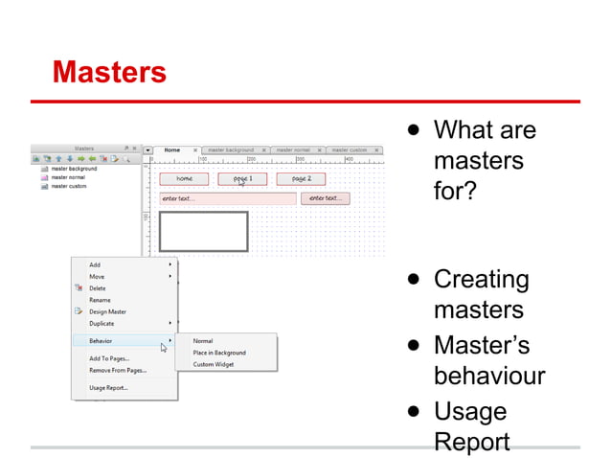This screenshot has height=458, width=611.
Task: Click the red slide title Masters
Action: tap(109, 73)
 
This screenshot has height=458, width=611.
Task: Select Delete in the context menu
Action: tap(98, 288)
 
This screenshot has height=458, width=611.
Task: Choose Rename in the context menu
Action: tap(100, 300)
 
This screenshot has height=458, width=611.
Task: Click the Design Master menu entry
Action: tap(107, 311)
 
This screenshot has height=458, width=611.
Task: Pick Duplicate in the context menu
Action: tap(102, 324)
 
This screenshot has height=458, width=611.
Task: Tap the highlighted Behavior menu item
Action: tap(102, 341)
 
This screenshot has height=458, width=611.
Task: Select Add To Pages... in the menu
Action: tap(109, 358)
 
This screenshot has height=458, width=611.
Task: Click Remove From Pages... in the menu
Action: tap(116, 370)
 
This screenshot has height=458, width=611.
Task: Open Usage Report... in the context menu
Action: tap(108, 388)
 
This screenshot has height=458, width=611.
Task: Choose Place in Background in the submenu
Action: tap(219, 353)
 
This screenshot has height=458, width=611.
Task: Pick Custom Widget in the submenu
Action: tap(214, 364)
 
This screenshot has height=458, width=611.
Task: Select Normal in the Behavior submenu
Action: tap(203, 341)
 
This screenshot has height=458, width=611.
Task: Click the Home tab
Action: tap(172, 149)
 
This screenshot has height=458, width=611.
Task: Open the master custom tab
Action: tap(350, 150)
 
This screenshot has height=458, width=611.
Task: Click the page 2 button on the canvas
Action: tap(302, 179)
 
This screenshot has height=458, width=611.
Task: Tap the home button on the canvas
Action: tap(185, 179)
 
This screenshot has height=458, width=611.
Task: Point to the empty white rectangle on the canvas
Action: tap(203, 231)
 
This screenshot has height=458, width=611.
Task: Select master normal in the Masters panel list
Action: tap(68, 177)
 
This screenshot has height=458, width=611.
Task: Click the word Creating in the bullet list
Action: tap(482, 280)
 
